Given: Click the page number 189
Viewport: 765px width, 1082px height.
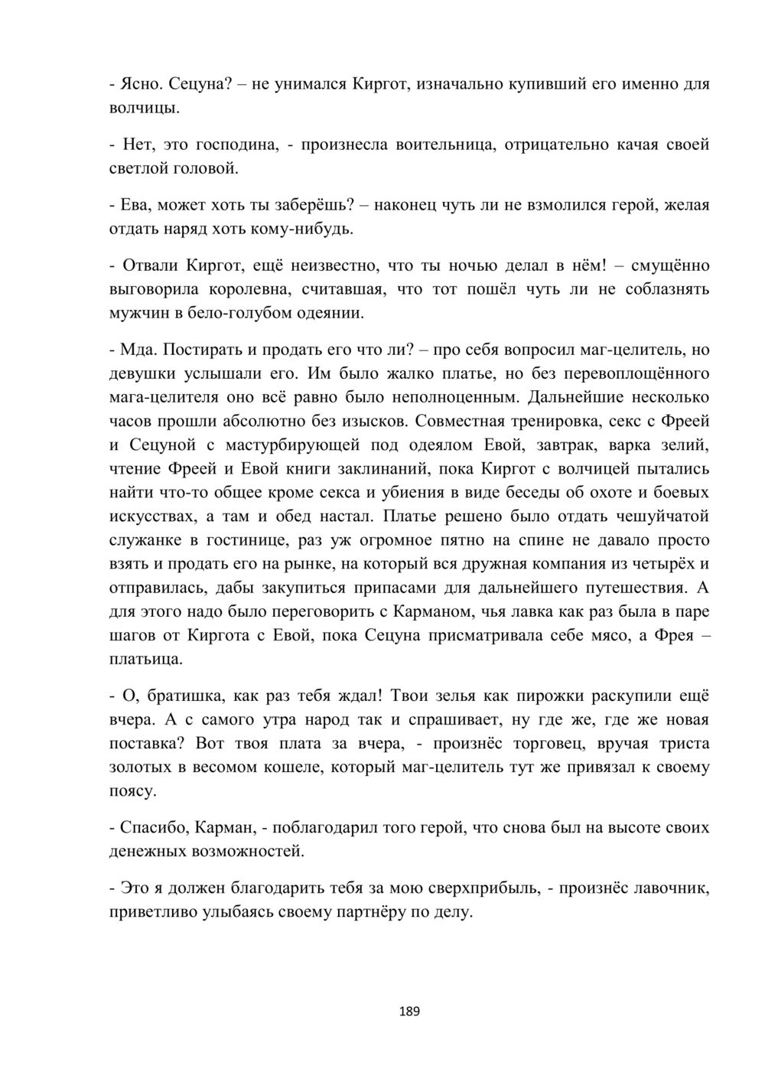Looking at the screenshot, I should [410, 1012].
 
